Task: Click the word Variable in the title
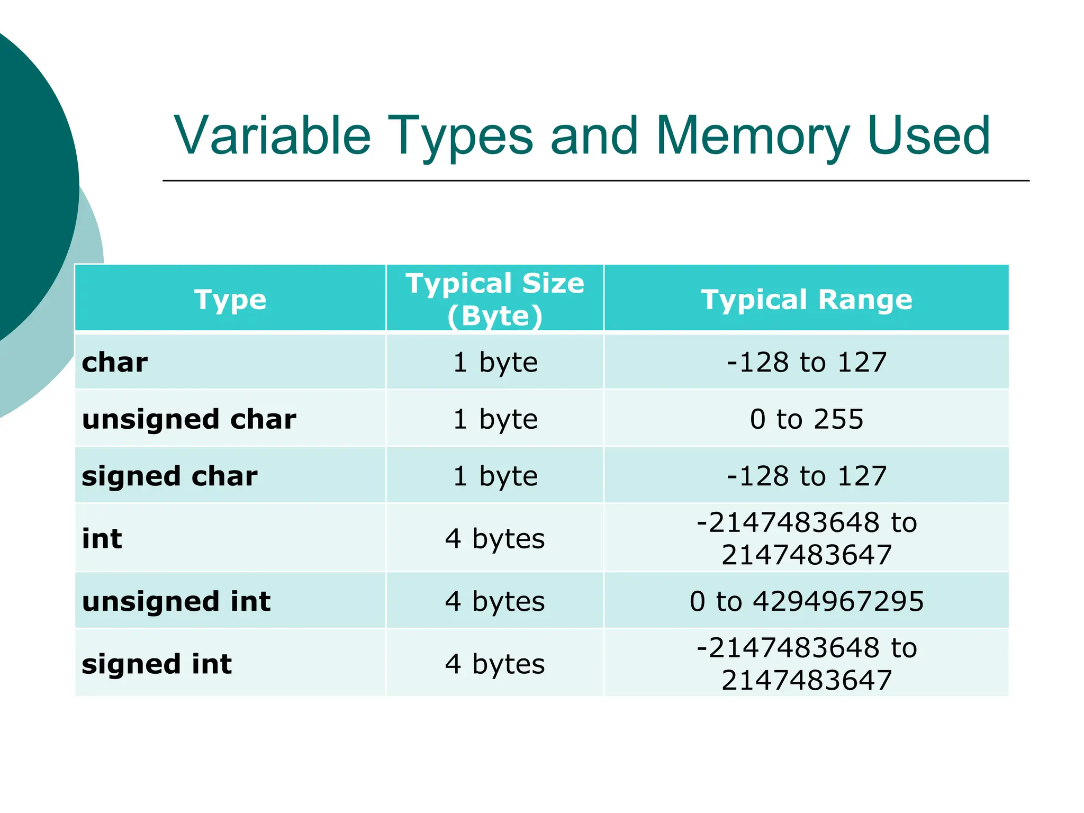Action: click(x=273, y=136)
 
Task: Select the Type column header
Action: click(x=230, y=300)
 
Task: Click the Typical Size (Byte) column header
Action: click(x=495, y=299)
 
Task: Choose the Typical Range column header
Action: click(x=806, y=300)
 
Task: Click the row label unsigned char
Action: click(x=189, y=419)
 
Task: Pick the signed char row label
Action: click(x=169, y=476)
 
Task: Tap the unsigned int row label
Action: click(x=176, y=601)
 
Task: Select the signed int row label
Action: click(x=157, y=664)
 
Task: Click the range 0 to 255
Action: click(x=806, y=419)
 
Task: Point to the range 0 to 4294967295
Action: click(x=806, y=601)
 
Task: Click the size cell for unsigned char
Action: click(x=495, y=419)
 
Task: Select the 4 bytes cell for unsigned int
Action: click(x=495, y=601)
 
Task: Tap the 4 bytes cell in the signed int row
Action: click(x=495, y=664)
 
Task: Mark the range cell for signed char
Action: click(x=806, y=476)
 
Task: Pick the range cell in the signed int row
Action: click(x=806, y=664)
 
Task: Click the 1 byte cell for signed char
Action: click(x=495, y=476)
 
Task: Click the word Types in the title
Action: click(x=460, y=136)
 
